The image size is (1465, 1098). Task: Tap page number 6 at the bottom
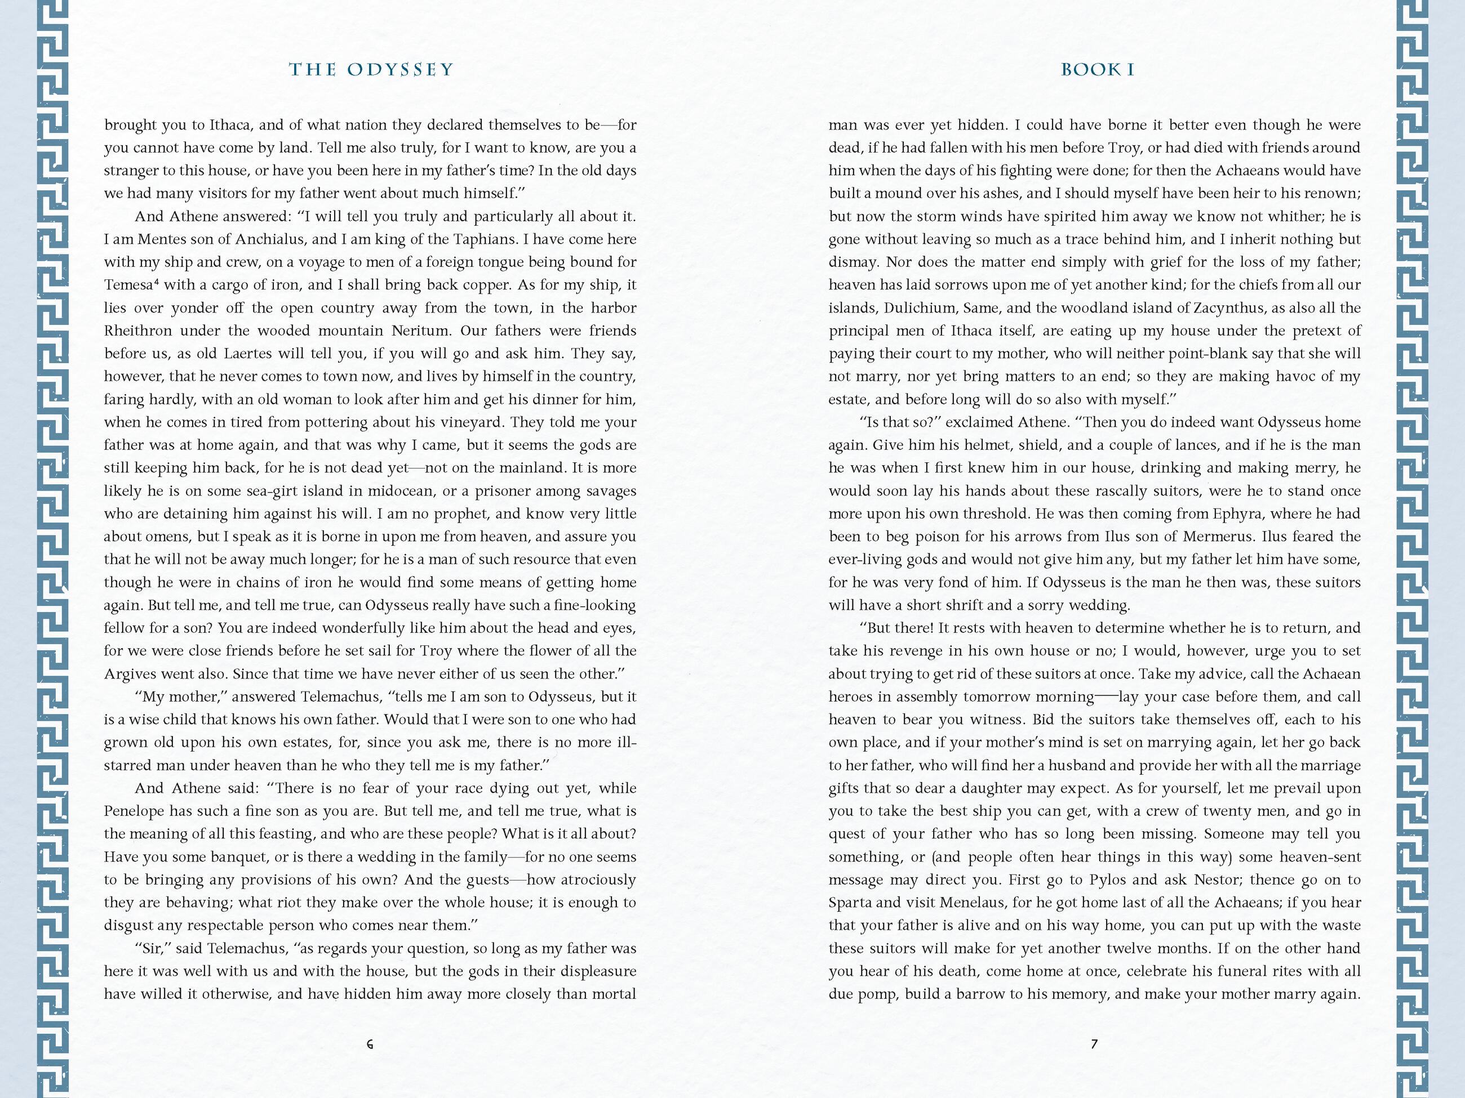coord(370,1044)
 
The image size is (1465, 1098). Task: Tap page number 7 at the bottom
coord(1094,1044)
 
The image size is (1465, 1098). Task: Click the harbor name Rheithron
coord(137,331)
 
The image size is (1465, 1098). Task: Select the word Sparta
coord(850,903)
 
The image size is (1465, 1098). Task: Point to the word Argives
coord(130,674)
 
